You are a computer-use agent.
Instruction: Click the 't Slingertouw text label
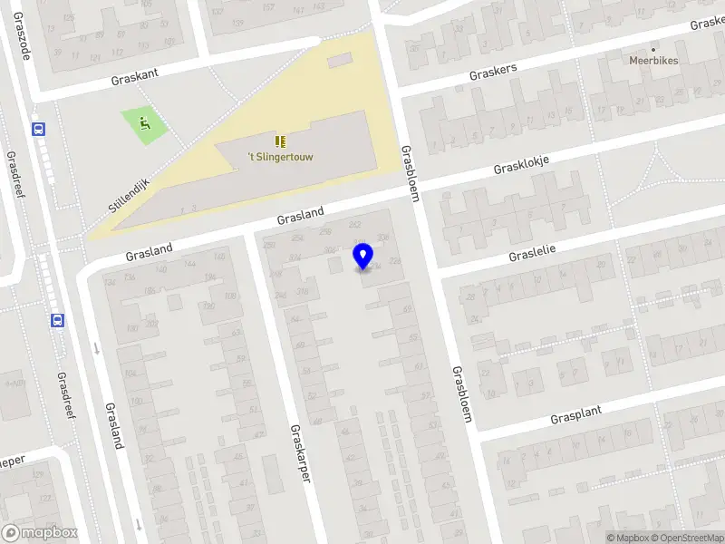(280, 157)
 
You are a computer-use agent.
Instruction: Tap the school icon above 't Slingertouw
(280, 141)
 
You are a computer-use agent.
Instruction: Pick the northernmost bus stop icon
(39, 129)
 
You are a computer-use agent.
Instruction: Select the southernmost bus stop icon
(57, 319)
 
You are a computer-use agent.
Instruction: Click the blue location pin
(363, 257)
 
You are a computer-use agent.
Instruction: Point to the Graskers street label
(493, 71)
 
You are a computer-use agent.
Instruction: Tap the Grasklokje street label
(521, 164)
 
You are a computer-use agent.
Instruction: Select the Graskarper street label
(300, 452)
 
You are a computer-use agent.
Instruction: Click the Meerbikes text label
(653, 61)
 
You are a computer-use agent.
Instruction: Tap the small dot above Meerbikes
(653, 49)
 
